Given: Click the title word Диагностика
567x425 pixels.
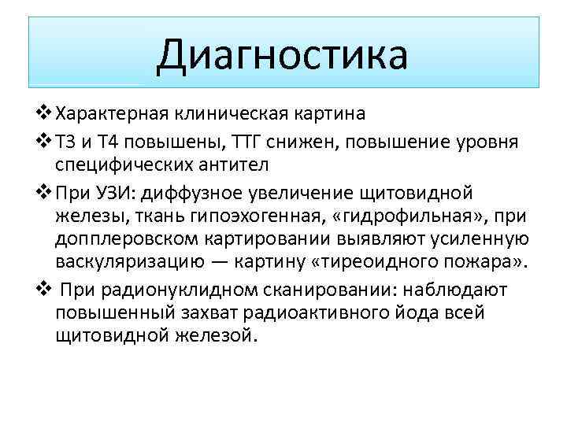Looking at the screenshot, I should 282,54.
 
